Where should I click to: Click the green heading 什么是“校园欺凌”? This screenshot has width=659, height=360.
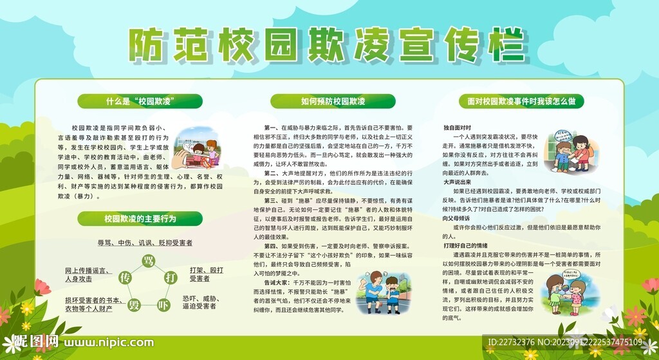(140, 102)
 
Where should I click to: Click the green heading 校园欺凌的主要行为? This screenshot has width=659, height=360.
(140, 219)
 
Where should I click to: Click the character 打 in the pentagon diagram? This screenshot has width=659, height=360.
(171, 278)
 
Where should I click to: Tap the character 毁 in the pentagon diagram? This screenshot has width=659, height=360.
(134, 305)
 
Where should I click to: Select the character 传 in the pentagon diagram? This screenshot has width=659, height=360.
(125, 278)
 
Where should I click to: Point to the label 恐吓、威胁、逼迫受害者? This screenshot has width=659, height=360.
(203, 303)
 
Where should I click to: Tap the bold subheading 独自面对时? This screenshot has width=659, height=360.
(457, 128)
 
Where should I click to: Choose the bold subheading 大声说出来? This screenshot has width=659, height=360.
(457, 182)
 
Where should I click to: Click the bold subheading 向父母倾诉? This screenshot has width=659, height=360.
(457, 218)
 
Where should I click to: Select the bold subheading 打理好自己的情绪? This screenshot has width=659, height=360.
(465, 246)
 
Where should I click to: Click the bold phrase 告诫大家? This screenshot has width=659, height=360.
(277, 283)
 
